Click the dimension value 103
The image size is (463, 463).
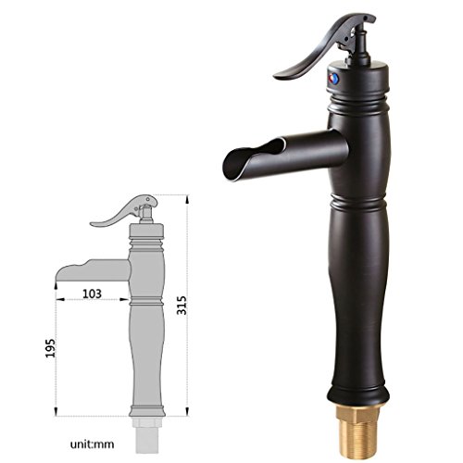tap(92, 294)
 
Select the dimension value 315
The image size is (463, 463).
tap(181, 306)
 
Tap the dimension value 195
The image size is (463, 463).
tap(51, 348)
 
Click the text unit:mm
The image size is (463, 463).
tap(92, 444)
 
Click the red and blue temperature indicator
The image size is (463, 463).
tap(333, 79)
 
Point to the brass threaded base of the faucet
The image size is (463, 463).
tap(357, 433)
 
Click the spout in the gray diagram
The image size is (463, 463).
tap(93, 271)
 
